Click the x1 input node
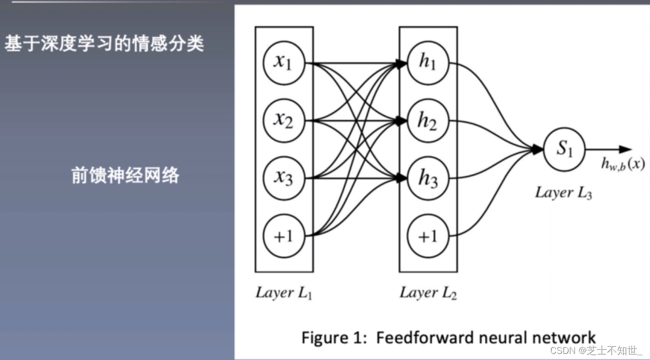[284, 63]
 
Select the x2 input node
[284, 121]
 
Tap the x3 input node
[284, 178]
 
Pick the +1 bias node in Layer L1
[284, 235]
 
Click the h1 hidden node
[428, 63]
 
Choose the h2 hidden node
[428, 121]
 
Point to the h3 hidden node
[428, 178]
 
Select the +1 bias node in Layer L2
[428, 235]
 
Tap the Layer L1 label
[284, 293]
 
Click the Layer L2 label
[428, 293]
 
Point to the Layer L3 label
[563, 193]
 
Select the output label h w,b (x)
[623, 164]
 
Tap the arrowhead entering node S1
[538, 149]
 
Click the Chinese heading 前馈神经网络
[125, 176]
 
